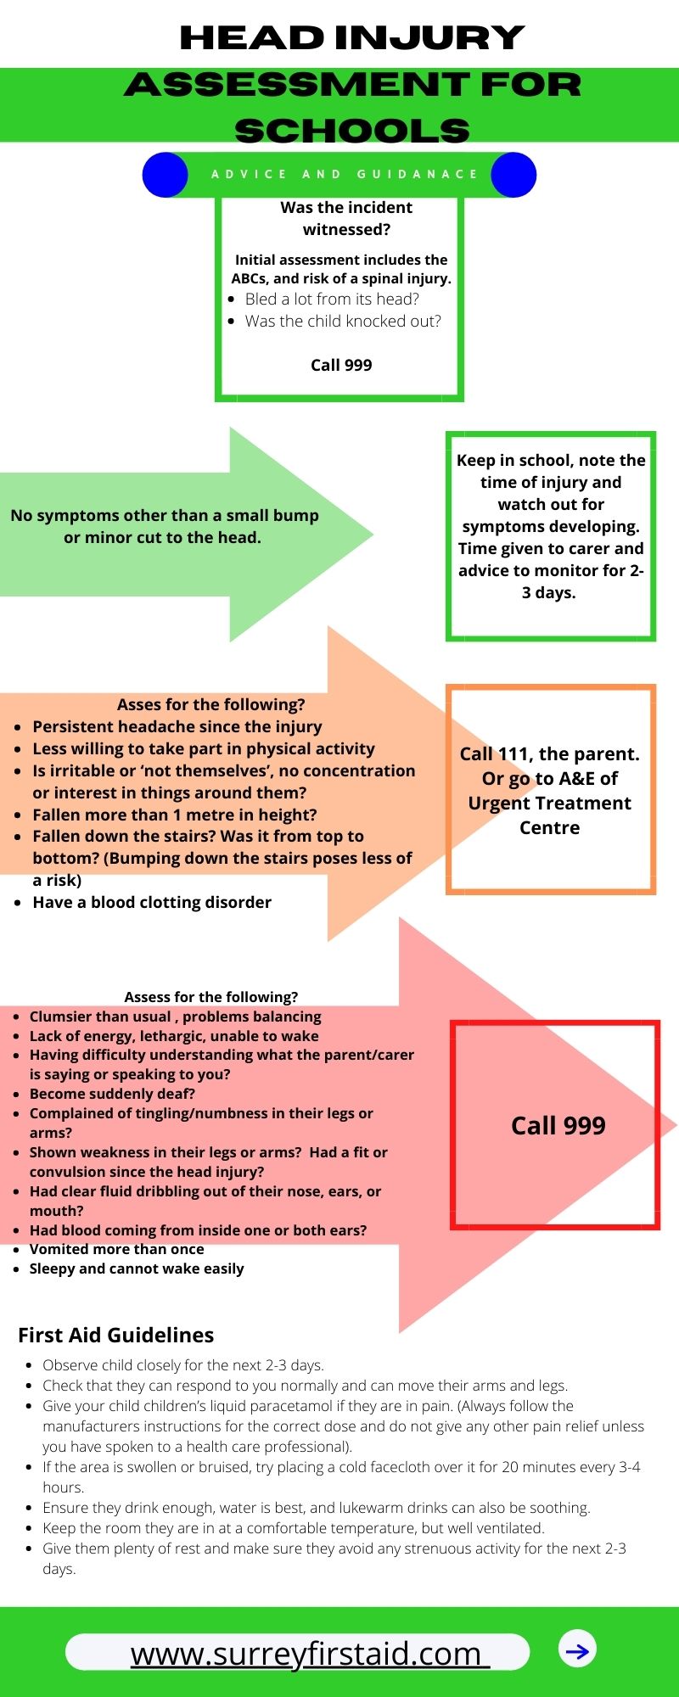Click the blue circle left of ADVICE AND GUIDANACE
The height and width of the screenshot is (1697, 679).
pos(165,175)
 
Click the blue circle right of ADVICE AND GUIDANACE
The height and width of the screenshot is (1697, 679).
pos(513,175)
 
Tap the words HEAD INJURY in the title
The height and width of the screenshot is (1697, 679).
pos(352,37)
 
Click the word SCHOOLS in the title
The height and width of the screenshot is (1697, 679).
pos(352,131)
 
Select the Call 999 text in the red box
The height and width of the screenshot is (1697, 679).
pos(558,1125)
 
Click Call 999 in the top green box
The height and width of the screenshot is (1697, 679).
pos(341,365)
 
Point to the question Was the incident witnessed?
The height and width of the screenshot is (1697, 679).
pos(346,218)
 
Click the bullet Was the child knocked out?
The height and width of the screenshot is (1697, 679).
pos(343,321)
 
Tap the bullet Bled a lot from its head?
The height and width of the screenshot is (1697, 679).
pos(332,299)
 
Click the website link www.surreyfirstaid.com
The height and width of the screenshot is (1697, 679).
pos(306,1653)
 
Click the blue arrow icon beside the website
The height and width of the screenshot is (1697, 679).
pos(577,1650)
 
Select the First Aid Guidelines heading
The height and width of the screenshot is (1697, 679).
pos(116,1335)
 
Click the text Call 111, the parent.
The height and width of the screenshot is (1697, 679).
pos(549,753)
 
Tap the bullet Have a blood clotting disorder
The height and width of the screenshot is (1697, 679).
pos(152,902)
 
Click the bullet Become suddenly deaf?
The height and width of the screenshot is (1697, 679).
pos(112,1094)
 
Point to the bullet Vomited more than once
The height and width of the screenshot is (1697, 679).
pos(116,1249)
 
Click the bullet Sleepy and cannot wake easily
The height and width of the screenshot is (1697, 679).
pos(137,1269)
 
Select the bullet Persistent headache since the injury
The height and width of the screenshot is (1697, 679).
pos(177,726)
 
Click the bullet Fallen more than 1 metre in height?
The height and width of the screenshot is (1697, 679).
pos(174,815)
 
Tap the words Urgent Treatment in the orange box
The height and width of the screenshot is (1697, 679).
pos(549,803)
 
